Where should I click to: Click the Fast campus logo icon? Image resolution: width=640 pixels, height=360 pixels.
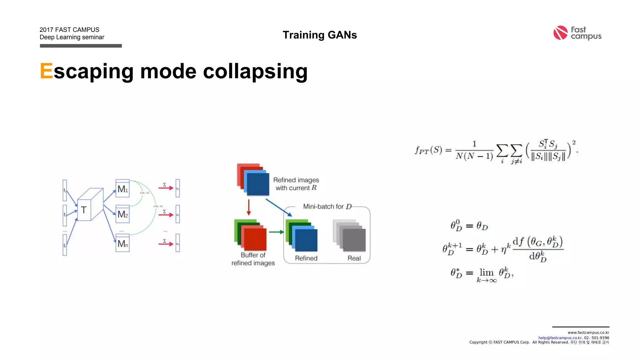pyautogui.click(x=560, y=33)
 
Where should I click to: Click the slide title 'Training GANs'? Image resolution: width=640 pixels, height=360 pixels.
pyautogui.click(x=320, y=35)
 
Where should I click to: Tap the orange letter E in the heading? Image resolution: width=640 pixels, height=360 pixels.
pyautogui.click(x=46, y=71)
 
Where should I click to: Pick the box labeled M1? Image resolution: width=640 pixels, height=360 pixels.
pyautogui.click(x=122, y=188)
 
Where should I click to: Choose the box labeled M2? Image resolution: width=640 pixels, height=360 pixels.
pyautogui.click(x=122, y=214)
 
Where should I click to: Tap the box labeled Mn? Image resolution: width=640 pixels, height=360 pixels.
pyautogui.click(x=122, y=243)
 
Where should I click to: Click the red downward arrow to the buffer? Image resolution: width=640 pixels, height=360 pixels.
pyautogui.click(x=249, y=207)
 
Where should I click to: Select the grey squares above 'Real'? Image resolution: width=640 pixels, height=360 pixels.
pyautogui.click(x=349, y=235)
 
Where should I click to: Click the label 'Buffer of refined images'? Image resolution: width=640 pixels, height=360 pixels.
pyautogui.click(x=253, y=259)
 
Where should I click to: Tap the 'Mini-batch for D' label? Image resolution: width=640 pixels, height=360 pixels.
pyautogui.click(x=327, y=207)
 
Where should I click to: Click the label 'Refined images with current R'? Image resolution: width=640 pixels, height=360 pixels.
pyautogui.click(x=296, y=184)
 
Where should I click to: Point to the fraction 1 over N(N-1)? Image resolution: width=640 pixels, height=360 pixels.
pyautogui.click(x=474, y=150)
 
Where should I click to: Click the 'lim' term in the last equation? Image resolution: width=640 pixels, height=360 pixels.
pyautogui.click(x=487, y=272)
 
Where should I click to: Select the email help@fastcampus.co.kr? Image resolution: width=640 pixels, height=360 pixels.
pyautogui.click(x=560, y=338)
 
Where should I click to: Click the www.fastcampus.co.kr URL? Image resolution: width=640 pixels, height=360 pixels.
pyautogui.click(x=588, y=332)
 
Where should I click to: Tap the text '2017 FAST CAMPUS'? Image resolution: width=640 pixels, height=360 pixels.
pyautogui.click(x=69, y=30)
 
